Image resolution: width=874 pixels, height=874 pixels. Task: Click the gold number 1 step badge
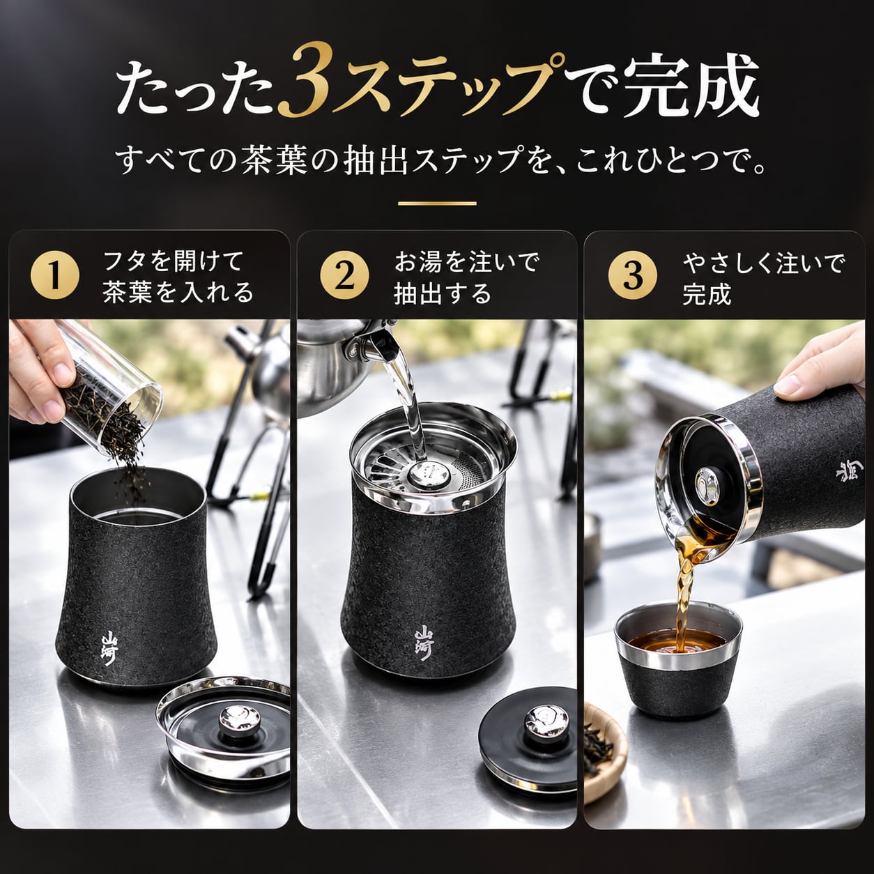55,276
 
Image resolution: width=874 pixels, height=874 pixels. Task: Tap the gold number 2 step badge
344,276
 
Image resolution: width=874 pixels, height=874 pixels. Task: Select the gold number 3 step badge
633,276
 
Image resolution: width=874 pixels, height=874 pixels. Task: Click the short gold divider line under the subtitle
437,204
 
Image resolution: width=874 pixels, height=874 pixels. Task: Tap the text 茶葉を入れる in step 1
178,292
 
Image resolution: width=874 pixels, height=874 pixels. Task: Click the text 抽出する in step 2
442,293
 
